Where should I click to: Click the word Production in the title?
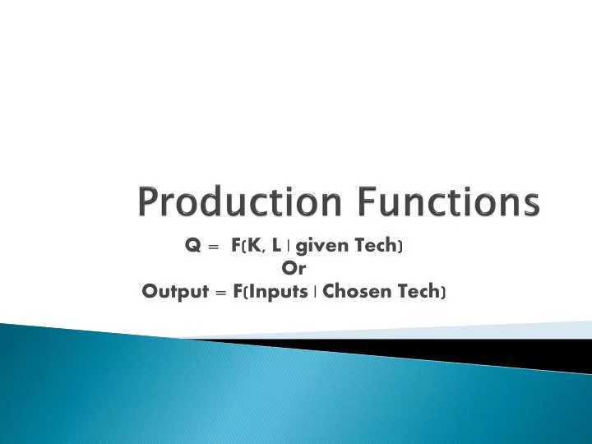tap(229, 202)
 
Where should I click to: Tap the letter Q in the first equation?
tap(192, 245)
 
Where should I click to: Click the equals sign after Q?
tap(214, 245)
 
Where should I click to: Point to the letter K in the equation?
tap(251, 245)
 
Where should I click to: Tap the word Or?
tap(294, 268)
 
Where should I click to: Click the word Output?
tap(174, 291)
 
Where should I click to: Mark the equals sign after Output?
tap(220, 291)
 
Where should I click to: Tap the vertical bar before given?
tap(288, 245)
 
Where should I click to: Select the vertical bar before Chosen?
tap(317, 291)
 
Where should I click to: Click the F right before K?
tap(235, 245)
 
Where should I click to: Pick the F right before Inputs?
tap(238, 291)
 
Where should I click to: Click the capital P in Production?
tap(147, 202)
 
